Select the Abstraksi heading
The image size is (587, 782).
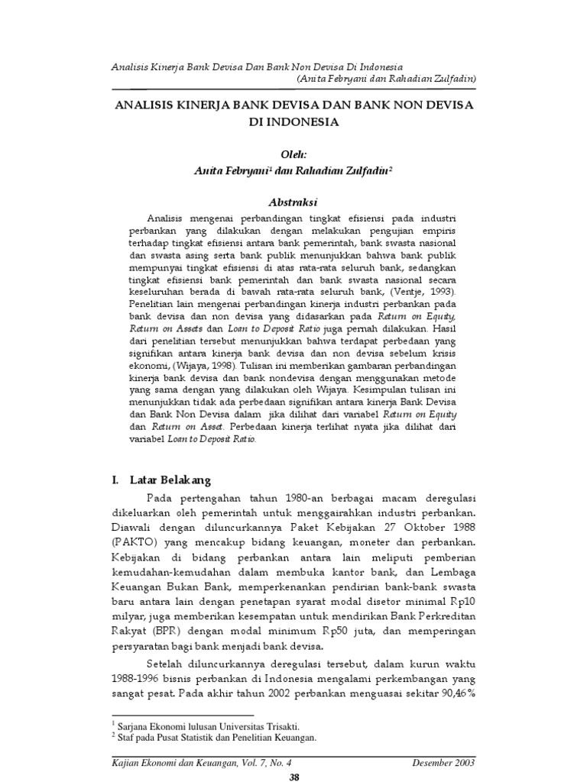(293, 201)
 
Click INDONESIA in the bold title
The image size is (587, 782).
(293, 121)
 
